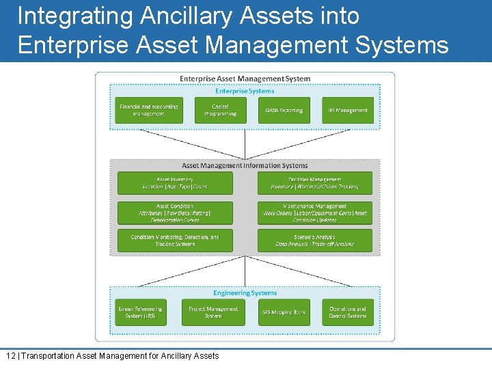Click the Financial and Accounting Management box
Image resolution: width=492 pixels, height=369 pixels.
[148, 110]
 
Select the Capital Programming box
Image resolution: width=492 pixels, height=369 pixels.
[220, 110]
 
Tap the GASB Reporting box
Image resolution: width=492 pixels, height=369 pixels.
[284, 110]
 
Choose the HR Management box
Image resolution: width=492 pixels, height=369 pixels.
[348, 110]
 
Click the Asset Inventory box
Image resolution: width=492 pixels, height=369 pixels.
[175, 183]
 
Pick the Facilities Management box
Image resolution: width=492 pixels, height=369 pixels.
[315, 183]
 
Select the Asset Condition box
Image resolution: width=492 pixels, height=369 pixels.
[175, 213]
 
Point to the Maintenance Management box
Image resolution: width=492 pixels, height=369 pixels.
[315, 213]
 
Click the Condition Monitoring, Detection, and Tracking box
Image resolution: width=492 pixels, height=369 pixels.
[175, 241]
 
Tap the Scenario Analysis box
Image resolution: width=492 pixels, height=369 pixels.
[315, 241]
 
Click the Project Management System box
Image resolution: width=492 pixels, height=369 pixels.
[213, 312]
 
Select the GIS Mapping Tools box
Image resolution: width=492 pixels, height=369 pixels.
[284, 312]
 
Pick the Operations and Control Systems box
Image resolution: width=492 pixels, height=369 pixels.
[348, 312]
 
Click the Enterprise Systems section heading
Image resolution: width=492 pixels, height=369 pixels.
[245, 91]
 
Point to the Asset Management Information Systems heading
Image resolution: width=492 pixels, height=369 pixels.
[245, 165]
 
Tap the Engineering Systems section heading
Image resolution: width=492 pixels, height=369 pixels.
[245, 293]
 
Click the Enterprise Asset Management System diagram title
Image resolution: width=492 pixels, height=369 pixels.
[245, 79]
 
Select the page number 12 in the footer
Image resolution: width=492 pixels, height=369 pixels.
[10, 356]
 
